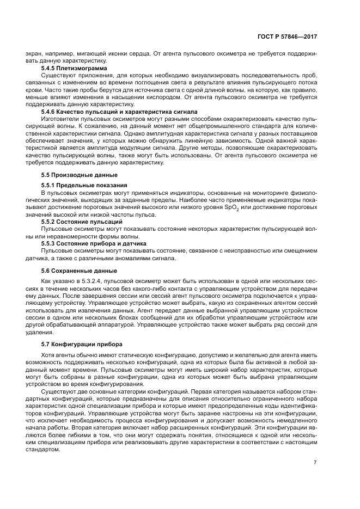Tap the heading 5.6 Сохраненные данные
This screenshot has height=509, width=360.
tap(71, 271)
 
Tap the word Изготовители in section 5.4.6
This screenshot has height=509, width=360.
tap(59, 118)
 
